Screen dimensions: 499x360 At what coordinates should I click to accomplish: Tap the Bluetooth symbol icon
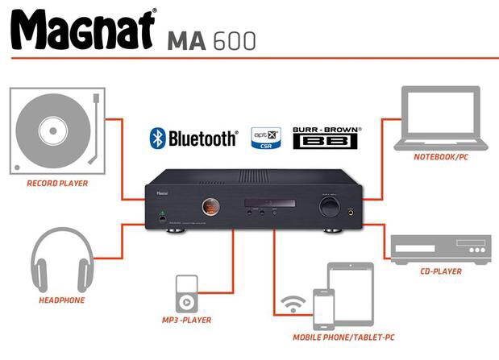tap(157, 138)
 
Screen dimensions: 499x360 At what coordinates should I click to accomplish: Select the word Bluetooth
tap(202, 139)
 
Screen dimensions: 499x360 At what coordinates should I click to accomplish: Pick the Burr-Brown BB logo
tap(326, 137)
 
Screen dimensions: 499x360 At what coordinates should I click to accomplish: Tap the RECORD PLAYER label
tap(57, 184)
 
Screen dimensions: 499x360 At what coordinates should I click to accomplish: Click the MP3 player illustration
tap(186, 295)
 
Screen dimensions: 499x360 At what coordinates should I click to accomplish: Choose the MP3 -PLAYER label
tap(185, 321)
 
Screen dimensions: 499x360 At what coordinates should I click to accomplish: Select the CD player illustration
tap(440, 247)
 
